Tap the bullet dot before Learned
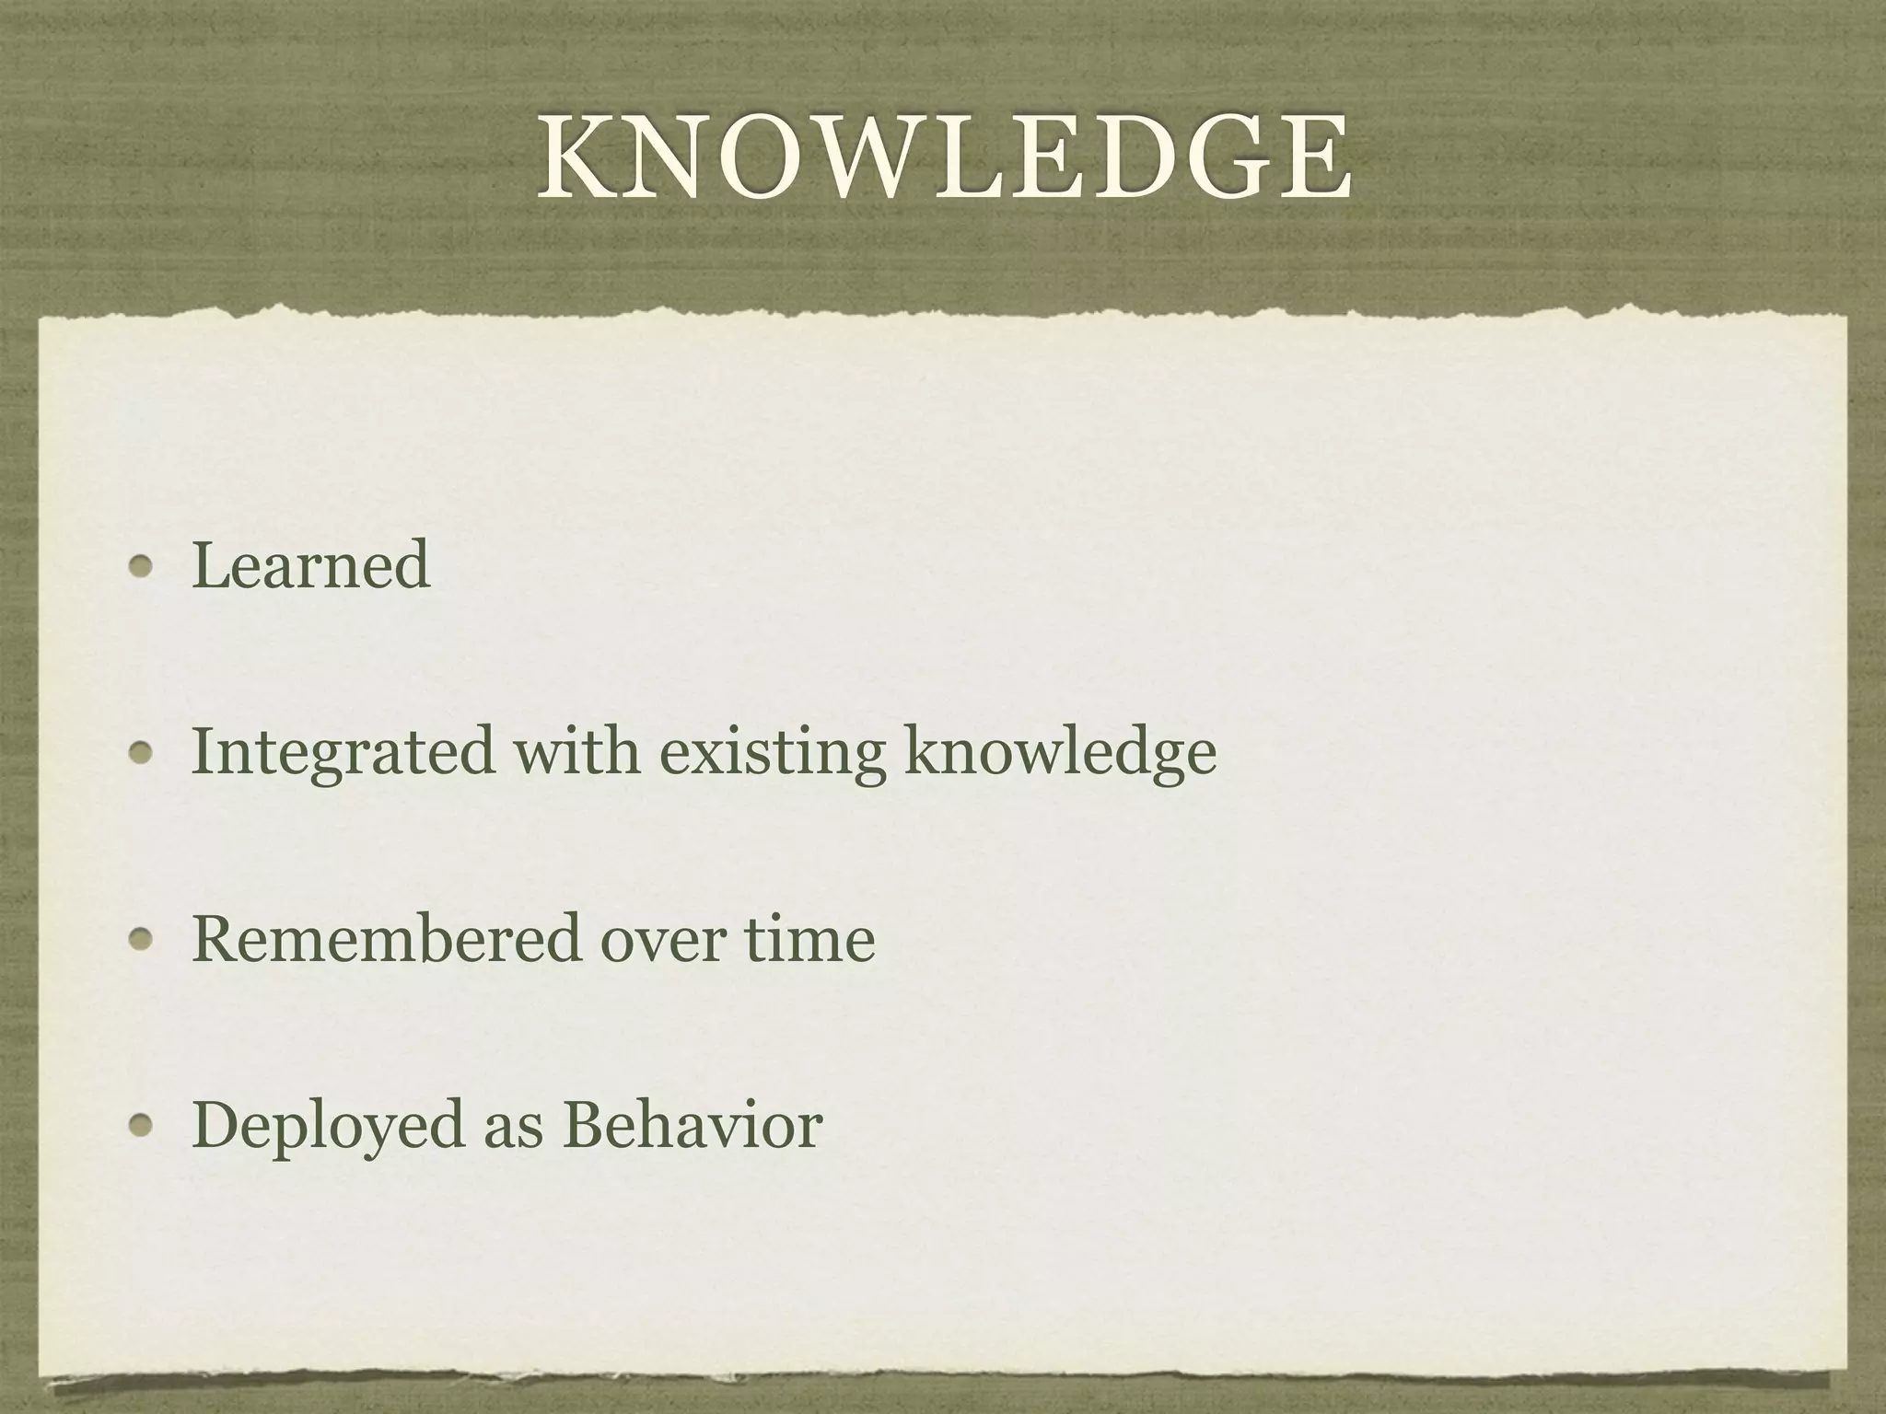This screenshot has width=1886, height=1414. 140,567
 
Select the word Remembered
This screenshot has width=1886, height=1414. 386,939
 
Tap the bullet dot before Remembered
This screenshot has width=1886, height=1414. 140,939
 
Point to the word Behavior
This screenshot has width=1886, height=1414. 693,1125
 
